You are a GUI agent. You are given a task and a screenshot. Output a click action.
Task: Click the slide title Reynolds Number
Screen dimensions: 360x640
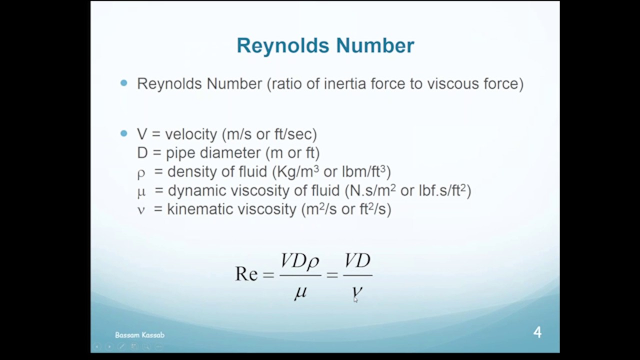pos(325,45)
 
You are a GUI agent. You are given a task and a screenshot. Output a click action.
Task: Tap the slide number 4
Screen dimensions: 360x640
pos(537,332)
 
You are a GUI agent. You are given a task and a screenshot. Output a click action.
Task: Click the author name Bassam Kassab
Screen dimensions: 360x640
pos(139,335)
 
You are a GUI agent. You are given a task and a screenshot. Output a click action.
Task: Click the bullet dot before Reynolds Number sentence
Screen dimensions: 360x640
pos(124,83)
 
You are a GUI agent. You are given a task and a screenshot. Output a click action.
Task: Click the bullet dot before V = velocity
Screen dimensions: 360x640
pos(124,133)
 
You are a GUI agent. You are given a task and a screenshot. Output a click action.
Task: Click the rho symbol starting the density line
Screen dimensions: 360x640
pos(141,173)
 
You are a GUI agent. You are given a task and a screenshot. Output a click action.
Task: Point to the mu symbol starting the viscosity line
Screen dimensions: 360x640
pos(141,192)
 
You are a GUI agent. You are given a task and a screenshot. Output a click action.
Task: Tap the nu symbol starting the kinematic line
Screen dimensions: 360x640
pos(141,210)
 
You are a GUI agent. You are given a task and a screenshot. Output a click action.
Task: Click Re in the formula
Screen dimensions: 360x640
pos(246,274)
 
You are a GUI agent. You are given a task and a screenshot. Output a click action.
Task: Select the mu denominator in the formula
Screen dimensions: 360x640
pos(300,292)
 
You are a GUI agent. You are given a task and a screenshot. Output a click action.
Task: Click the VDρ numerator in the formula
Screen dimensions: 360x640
pos(300,261)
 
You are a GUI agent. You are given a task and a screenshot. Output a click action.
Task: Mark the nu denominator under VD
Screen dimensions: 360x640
pos(357,292)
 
